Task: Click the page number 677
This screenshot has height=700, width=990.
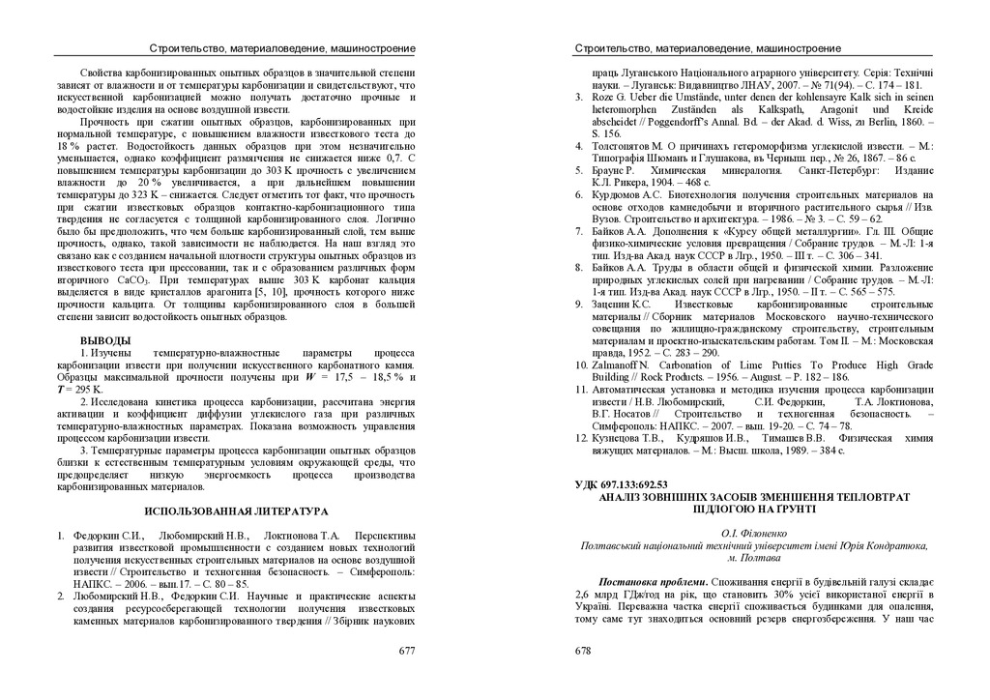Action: point(407,651)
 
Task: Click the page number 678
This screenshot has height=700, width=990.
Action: point(583,651)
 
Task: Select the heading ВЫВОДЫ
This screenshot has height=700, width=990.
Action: point(105,341)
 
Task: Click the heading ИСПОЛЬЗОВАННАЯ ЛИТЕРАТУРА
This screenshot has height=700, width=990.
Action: point(237,510)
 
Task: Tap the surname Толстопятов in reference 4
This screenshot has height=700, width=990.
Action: point(626,145)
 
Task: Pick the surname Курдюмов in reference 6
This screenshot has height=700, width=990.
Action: point(620,195)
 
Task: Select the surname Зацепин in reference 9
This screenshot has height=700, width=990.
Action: point(614,304)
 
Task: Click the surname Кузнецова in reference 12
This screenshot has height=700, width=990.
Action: point(621,438)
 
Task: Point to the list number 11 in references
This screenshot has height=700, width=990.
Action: point(581,390)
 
